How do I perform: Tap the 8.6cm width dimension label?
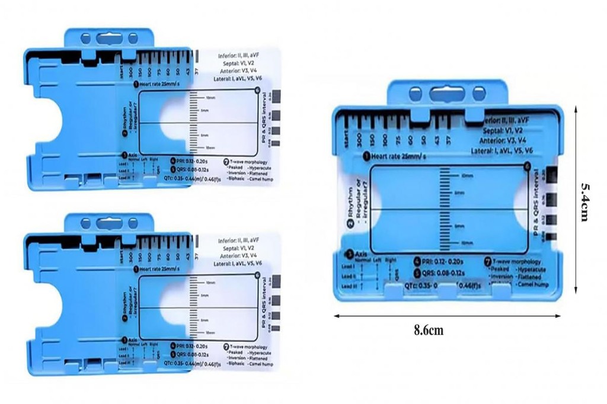tap(429, 331)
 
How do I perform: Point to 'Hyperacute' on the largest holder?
tap(535, 269)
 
